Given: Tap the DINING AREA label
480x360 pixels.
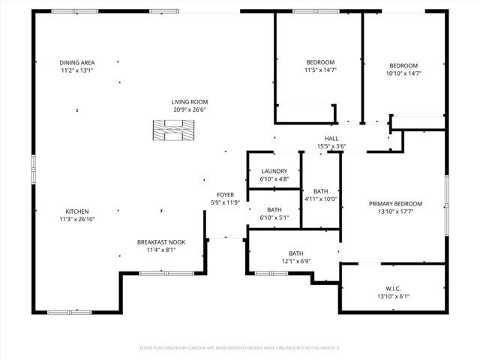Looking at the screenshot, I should click(77, 62).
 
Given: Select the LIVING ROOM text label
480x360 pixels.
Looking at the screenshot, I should click(189, 102).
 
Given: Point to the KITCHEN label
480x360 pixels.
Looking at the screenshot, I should click(77, 211).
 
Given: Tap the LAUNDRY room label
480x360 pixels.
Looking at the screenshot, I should click(274, 171).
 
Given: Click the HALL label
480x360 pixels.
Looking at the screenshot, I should click(331, 138).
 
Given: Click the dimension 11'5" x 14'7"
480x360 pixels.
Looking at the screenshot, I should click(320, 70).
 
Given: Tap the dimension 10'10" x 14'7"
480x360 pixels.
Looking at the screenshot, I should click(403, 73).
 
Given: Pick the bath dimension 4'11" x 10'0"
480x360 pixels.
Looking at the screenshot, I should click(320, 199).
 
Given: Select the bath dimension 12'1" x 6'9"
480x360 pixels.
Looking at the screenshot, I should click(295, 262).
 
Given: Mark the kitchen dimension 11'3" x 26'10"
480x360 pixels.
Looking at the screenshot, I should click(78, 219).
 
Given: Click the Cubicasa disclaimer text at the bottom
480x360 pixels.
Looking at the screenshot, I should click(240, 348).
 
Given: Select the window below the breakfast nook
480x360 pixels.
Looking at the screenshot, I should click(159, 273).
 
